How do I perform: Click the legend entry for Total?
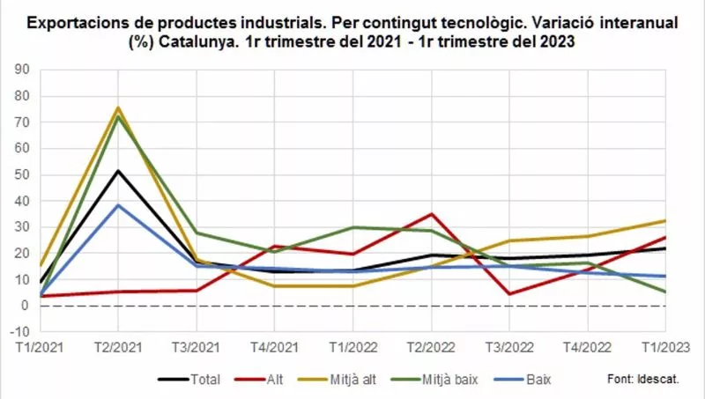(188, 380)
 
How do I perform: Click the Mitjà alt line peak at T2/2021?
(118, 108)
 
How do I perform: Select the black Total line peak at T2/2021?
(118, 171)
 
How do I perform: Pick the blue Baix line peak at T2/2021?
(118, 205)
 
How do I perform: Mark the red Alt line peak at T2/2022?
(431, 214)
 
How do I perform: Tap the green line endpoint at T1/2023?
(664, 292)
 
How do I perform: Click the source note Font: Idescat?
(643, 380)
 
